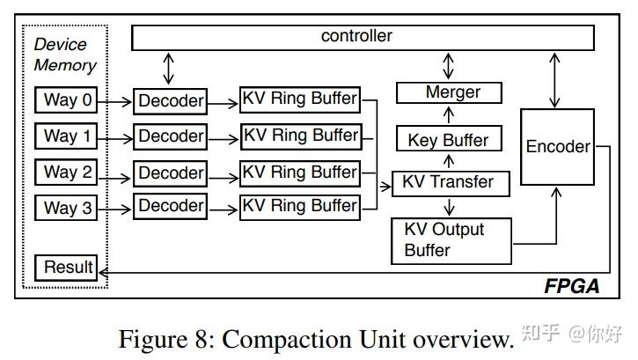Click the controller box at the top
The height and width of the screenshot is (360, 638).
point(356,37)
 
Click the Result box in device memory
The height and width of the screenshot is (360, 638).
point(67,268)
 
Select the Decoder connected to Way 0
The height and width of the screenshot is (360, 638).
point(171,101)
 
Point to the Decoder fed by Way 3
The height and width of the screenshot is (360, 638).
point(171,208)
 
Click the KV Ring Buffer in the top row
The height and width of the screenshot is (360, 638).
point(300,99)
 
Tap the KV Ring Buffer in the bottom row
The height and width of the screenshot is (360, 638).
point(300,207)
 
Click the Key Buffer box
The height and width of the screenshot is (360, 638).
point(448,139)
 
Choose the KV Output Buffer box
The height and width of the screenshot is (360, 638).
point(450,239)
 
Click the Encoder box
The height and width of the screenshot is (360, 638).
point(557,147)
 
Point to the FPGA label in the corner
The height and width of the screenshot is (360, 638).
point(570,285)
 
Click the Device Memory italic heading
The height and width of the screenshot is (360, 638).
point(64,55)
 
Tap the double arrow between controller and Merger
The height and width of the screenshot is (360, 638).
point(450,65)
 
